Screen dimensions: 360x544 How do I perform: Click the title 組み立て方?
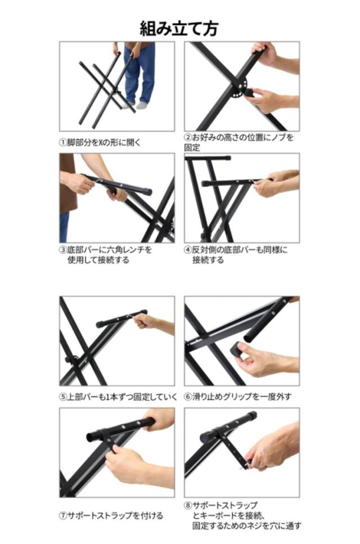179,28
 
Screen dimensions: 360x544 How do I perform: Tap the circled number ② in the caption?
188,137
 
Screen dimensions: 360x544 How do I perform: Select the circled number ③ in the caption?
63,250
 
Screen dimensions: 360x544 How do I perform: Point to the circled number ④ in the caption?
188,250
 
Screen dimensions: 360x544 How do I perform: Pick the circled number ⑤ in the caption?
63,397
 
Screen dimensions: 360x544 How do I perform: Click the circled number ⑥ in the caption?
188,397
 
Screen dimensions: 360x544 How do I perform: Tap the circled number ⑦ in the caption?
63,515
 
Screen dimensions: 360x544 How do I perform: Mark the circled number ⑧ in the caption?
188,505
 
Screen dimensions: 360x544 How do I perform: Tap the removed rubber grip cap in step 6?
238,349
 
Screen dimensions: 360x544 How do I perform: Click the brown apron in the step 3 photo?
67,183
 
